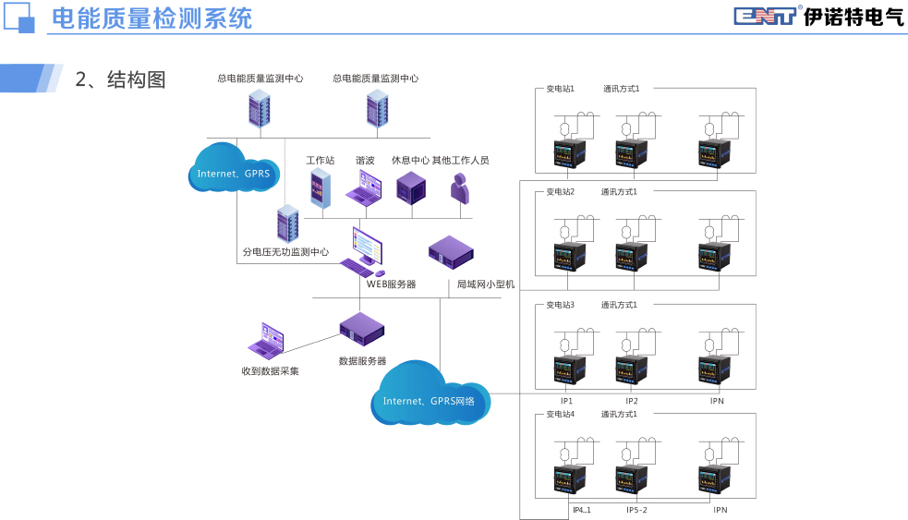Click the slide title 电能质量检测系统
(151, 18)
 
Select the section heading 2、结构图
(120, 79)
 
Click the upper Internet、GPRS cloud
(236, 168)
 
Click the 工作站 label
(321, 160)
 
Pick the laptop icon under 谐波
(363, 188)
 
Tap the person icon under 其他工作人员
(459, 189)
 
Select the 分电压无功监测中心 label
(285, 251)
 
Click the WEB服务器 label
(392, 284)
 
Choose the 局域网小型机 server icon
(452, 250)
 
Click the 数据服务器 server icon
(361, 329)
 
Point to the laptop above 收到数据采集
(268, 341)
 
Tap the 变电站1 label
(560, 89)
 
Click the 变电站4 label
(560, 414)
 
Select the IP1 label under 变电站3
(567, 401)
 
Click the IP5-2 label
(636, 510)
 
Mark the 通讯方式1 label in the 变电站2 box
(620, 192)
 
